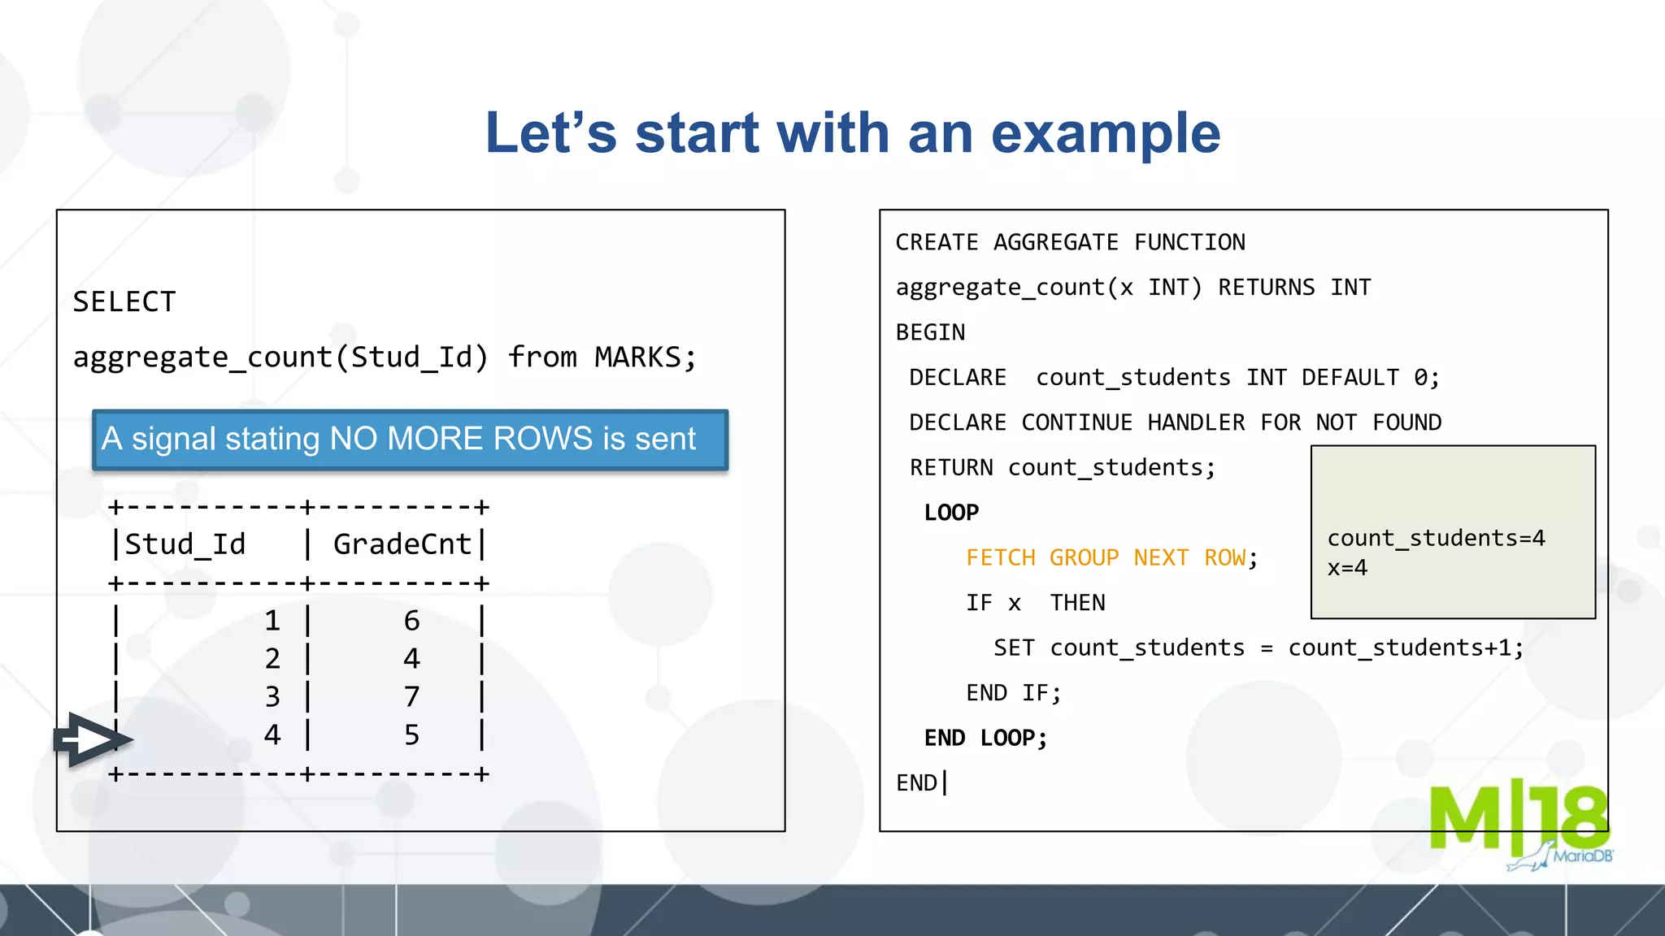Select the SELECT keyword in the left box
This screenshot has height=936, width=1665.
[x=124, y=302]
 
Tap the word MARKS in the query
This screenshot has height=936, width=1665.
[x=637, y=357]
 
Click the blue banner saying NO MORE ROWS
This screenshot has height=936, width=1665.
[x=410, y=440]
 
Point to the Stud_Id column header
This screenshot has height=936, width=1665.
[x=185, y=544]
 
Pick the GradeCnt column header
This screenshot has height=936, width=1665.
[x=402, y=544]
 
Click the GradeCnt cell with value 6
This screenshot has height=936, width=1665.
[x=411, y=621]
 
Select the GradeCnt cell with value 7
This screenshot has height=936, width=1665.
[x=411, y=696]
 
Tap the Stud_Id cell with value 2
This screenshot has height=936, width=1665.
[x=272, y=658]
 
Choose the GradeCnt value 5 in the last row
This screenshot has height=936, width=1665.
[x=411, y=735]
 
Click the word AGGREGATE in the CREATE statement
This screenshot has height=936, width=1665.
[x=1055, y=243]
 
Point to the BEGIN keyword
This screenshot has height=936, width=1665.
[x=930, y=333]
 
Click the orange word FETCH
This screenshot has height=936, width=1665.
[x=1000, y=558]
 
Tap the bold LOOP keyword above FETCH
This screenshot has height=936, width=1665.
[x=951, y=513]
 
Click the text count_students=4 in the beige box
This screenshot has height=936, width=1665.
[x=1436, y=539]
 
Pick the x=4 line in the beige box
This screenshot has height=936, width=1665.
[x=1347, y=568]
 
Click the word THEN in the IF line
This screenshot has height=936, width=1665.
[x=1077, y=603]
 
